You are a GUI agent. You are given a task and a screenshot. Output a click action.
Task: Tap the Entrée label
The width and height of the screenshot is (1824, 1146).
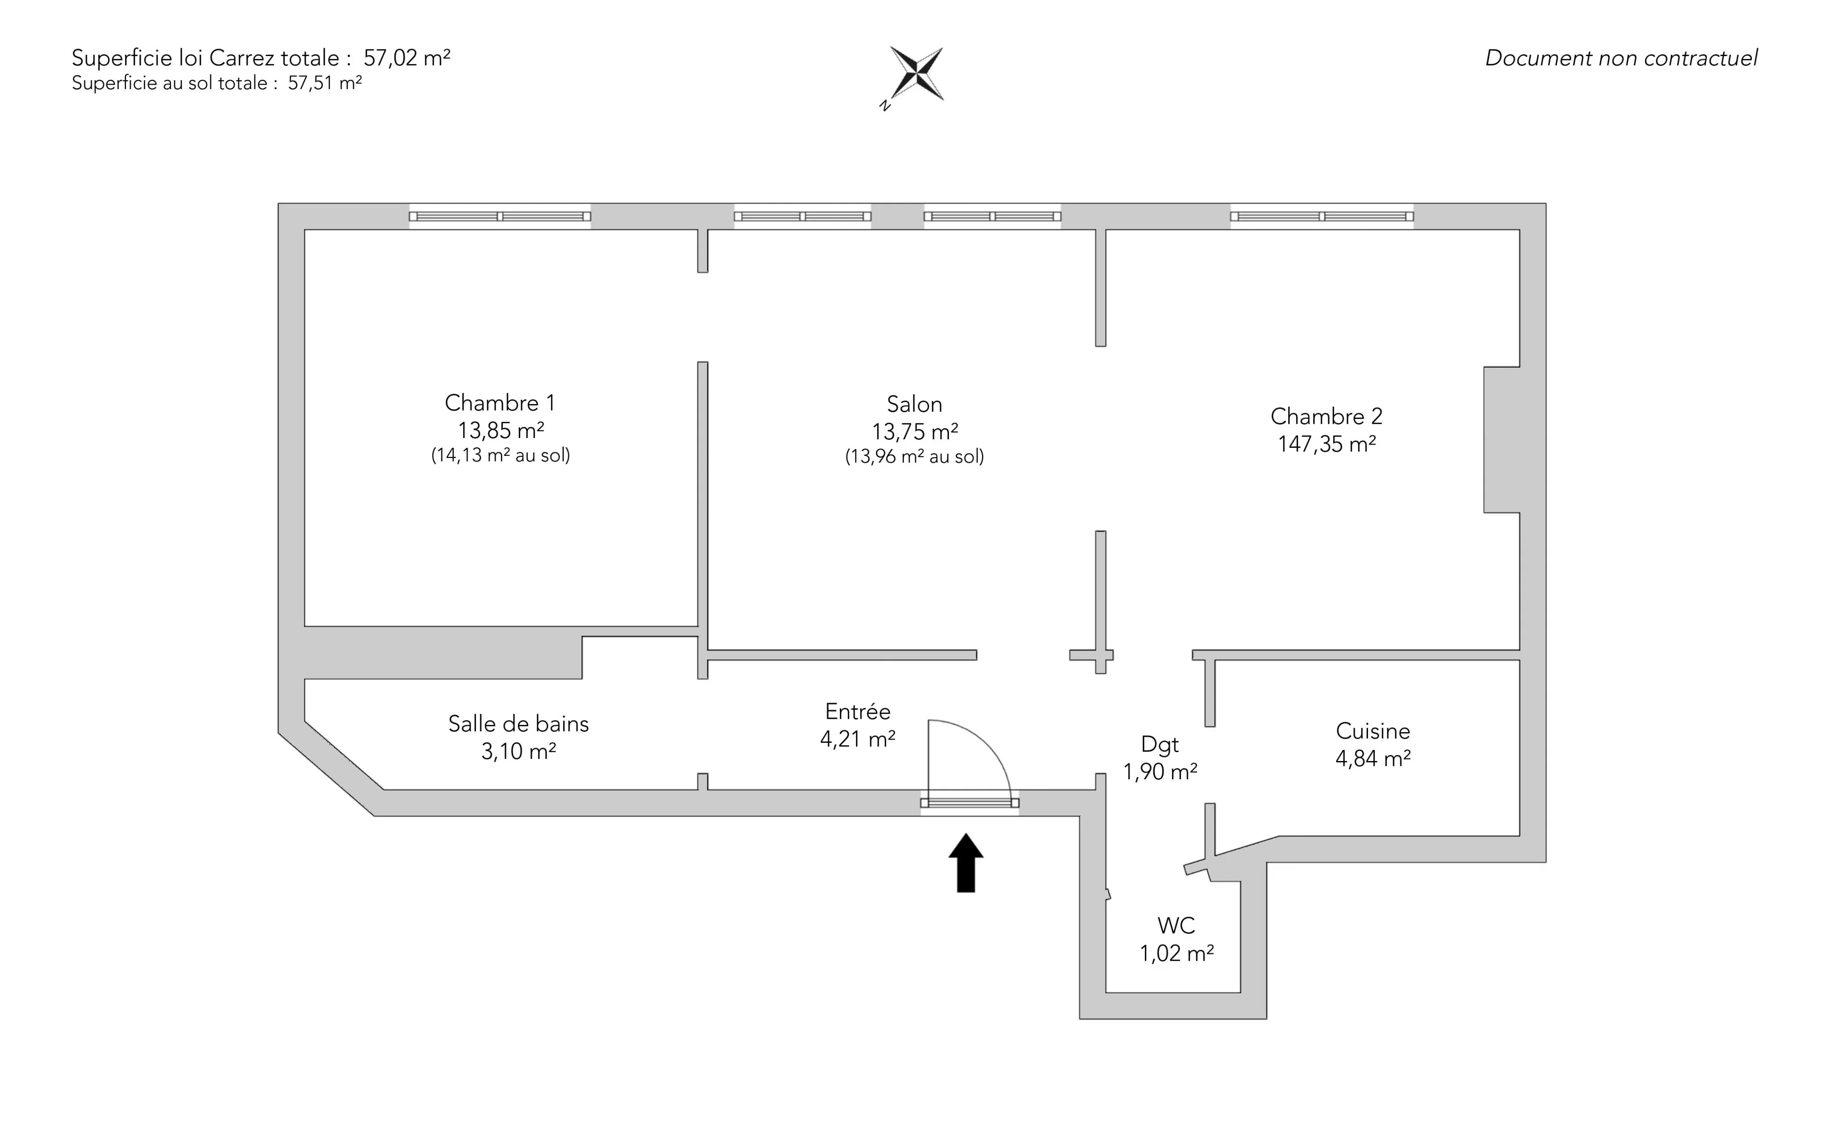point(858,712)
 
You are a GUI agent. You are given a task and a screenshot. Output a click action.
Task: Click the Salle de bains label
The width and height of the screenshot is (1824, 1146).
point(518,724)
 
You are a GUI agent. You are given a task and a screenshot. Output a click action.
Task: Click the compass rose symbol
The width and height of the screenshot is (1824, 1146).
point(916,74)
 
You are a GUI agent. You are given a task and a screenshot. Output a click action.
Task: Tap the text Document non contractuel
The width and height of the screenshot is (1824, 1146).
point(1621,58)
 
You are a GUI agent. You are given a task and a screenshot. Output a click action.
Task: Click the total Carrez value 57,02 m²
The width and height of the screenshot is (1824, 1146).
point(407,58)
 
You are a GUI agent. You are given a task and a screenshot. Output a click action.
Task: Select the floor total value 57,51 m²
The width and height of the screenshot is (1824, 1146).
point(324,83)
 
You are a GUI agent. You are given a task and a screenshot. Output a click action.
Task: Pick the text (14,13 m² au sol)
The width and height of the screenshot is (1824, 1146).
point(500,455)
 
